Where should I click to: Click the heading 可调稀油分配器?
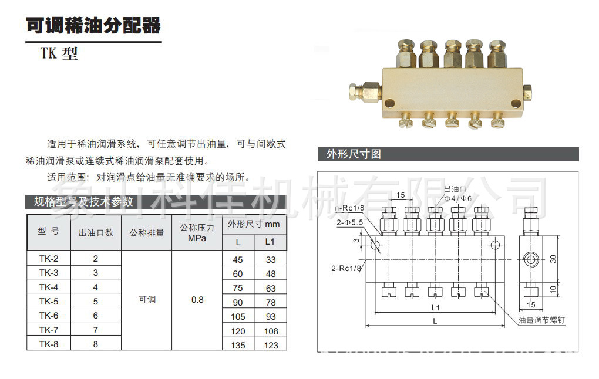tap(93, 26)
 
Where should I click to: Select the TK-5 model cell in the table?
tap(49, 302)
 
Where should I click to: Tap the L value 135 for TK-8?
tap(238, 345)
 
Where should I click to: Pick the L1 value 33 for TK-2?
tap(270, 259)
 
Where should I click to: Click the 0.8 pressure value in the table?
tap(197, 300)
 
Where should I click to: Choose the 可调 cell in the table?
tap(147, 300)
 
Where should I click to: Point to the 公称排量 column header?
tap(147, 232)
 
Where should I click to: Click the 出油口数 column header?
tap(96, 232)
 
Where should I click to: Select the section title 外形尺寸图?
tap(354, 154)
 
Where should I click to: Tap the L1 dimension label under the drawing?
tap(435, 307)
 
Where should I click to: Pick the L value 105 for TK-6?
tap(238, 316)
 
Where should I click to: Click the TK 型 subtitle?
tap(59, 54)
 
